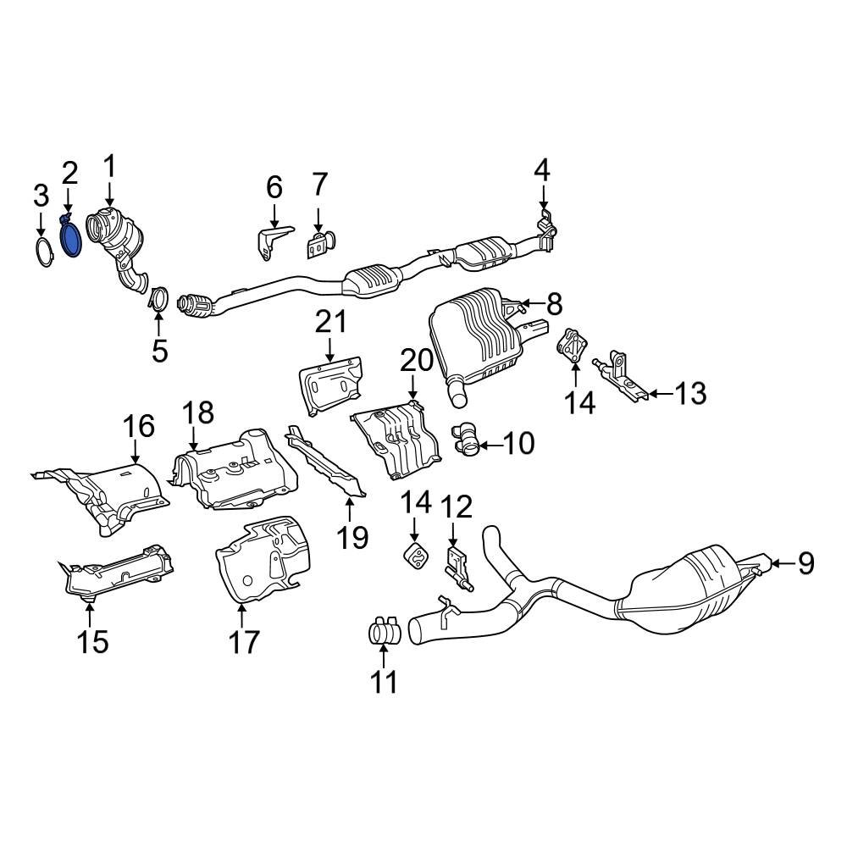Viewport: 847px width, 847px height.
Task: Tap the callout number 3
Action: click(x=41, y=197)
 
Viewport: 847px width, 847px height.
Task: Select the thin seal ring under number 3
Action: click(x=42, y=253)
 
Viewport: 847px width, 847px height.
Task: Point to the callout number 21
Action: click(x=331, y=322)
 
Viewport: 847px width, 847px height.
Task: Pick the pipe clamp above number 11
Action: click(x=383, y=631)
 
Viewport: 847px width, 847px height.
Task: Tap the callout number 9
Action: click(x=804, y=562)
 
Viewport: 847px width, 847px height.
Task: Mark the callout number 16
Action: click(x=141, y=427)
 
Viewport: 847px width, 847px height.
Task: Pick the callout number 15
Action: click(x=93, y=641)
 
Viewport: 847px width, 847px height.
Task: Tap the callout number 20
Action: click(x=416, y=361)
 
